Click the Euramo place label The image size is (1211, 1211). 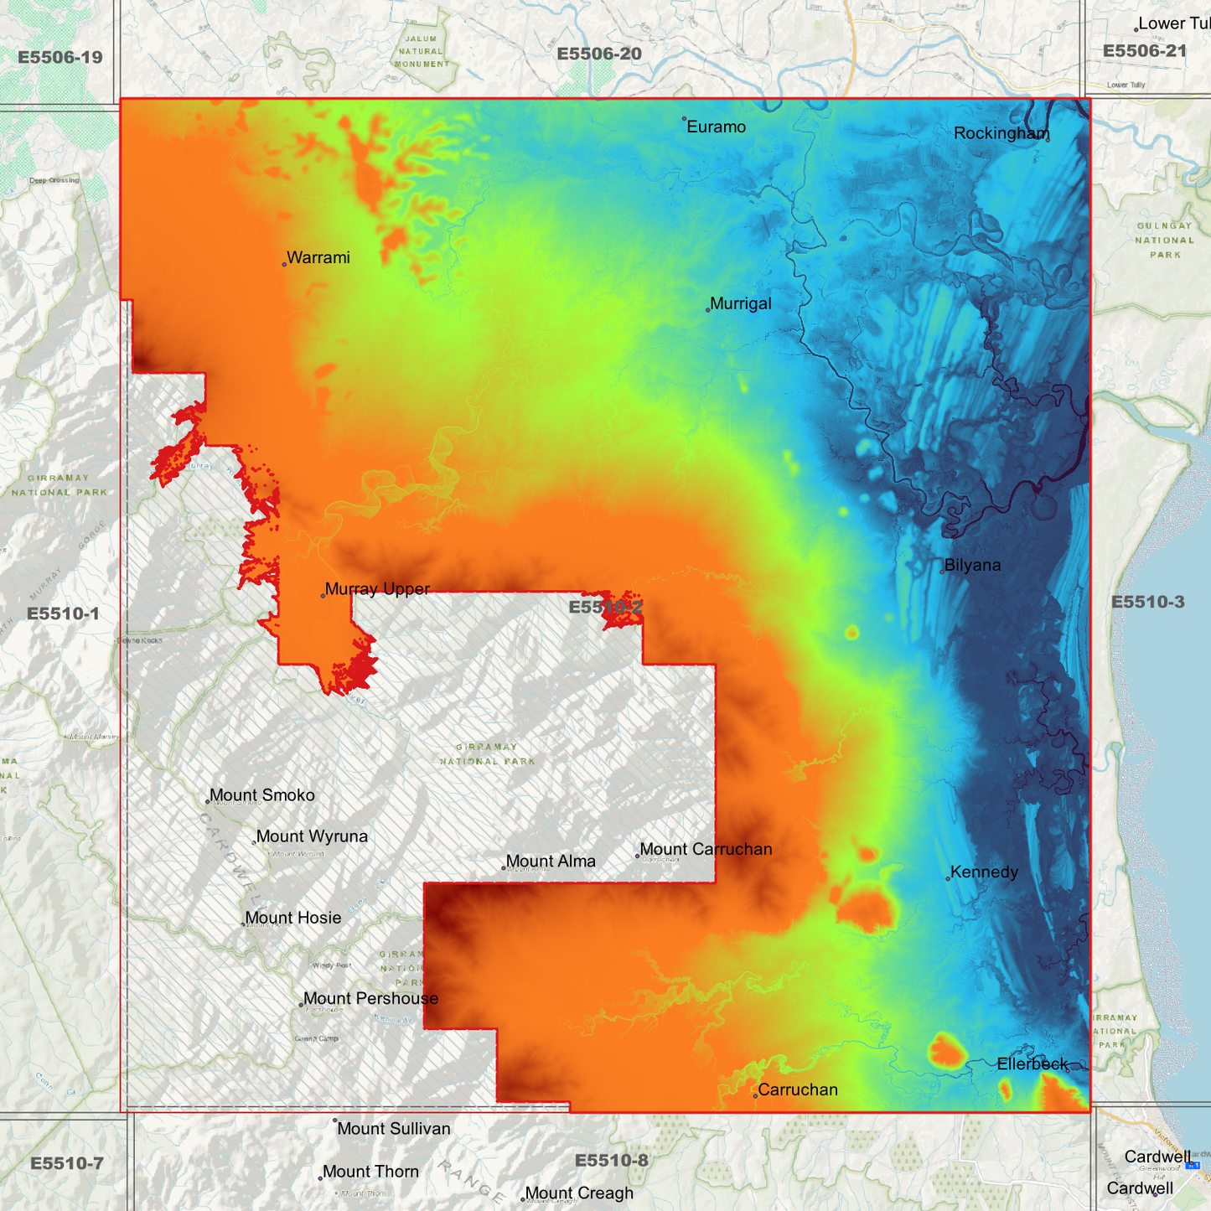(716, 127)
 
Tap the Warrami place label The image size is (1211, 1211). (318, 258)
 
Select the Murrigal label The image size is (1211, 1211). (740, 304)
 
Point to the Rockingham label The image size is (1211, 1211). (1001, 134)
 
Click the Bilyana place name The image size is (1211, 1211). (972, 566)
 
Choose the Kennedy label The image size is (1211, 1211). (984, 872)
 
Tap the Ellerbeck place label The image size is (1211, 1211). (1032, 1064)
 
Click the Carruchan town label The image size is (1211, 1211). (797, 1090)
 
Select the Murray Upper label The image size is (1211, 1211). (377, 589)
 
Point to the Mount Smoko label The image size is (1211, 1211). (261, 795)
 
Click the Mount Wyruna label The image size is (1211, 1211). (312, 836)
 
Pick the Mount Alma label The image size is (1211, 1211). (551, 862)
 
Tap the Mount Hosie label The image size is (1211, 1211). (292, 919)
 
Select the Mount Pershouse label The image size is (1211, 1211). (370, 999)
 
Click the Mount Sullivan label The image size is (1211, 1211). (393, 1129)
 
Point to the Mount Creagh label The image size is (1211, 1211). (578, 1193)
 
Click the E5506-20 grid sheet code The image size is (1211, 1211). (599, 54)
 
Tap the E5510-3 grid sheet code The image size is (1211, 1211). (1147, 603)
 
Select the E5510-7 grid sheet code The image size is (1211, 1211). (67, 1163)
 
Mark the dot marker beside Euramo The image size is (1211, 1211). (684, 119)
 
